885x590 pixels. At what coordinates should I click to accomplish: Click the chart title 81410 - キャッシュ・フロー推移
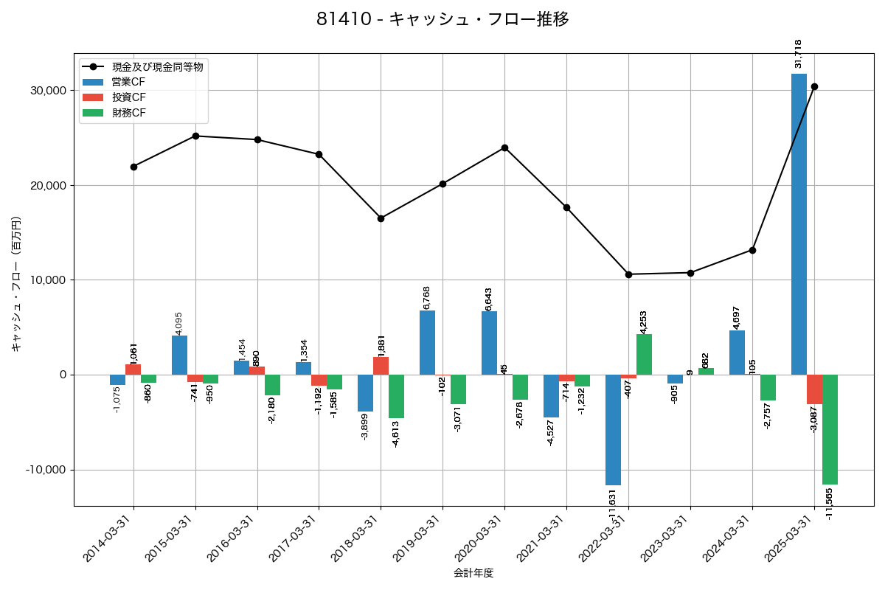pos(442,20)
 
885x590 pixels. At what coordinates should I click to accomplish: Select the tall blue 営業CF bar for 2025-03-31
pos(799,224)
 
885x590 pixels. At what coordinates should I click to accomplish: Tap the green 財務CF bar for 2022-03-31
pos(644,355)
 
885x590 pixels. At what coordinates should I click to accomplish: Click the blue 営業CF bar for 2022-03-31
pos(613,430)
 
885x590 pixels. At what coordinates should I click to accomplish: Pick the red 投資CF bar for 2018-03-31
pos(381,366)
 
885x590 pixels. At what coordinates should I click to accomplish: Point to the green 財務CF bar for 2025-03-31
pos(830,429)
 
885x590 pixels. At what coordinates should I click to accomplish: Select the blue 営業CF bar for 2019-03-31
pos(427,343)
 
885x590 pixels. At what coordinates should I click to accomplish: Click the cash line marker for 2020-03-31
pos(504,147)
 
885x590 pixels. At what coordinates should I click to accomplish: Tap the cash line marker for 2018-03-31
pos(381,218)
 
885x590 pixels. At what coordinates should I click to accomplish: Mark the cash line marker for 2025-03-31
pos(814,86)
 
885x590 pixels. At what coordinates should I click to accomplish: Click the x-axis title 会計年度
pos(473,573)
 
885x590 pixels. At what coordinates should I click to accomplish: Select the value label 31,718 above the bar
pos(798,54)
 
